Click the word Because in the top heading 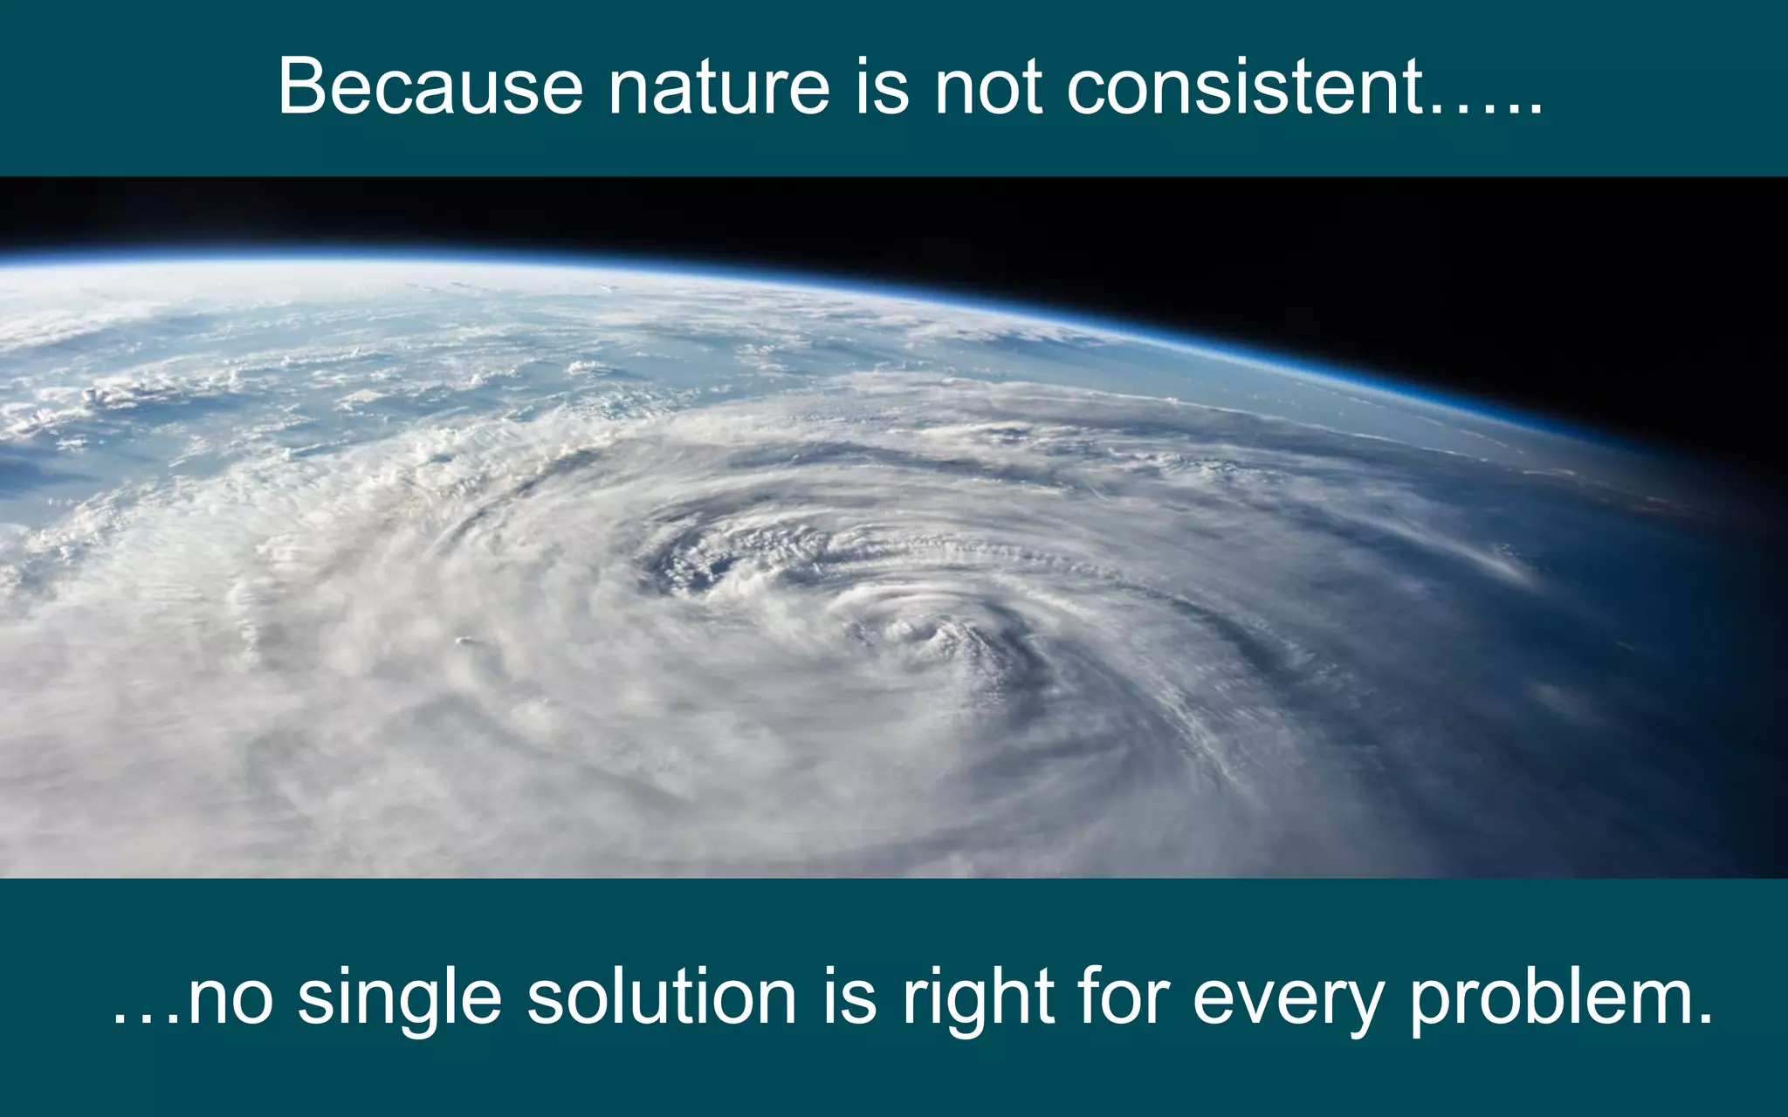[430, 86]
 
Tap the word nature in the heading [719, 86]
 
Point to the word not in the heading [988, 86]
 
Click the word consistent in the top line [1245, 86]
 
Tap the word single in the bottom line [400, 997]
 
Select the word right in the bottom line [978, 997]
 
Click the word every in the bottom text [1288, 997]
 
